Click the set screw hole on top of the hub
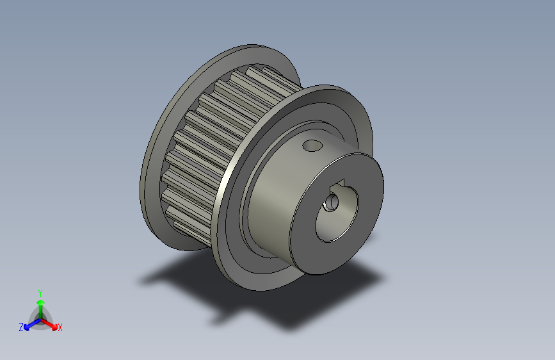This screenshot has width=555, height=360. tap(312, 146)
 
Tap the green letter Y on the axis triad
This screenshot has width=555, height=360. tap(40, 291)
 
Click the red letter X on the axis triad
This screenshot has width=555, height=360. tap(60, 327)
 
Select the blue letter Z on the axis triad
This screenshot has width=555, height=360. tap(21, 327)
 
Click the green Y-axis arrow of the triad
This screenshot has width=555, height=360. tap(40, 304)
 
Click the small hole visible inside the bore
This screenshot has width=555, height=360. tap(332, 203)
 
